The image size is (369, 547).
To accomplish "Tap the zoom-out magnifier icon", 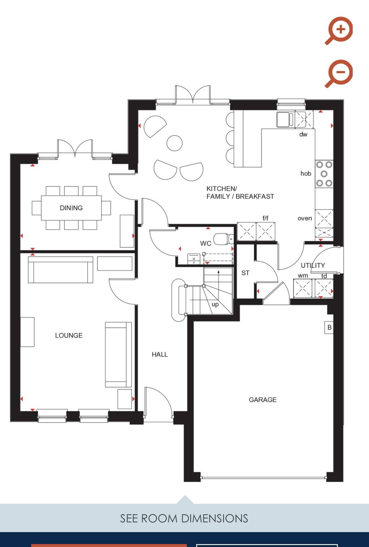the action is click(x=339, y=73).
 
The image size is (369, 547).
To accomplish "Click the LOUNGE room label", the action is click(x=69, y=335).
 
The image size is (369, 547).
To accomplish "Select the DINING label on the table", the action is click(x=71, y=208).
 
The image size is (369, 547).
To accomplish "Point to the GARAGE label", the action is click(x=263, y=400).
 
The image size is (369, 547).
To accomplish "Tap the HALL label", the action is click(x=160, y=355).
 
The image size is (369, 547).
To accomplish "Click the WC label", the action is click(x=206, y=243).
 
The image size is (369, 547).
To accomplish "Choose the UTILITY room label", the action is click(x=313, y=265).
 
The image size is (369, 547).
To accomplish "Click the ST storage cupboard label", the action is click(x=245, y=273).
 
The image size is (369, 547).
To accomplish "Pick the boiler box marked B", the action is click(x=329, y=327).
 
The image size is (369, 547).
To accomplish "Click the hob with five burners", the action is click(x=324, y=174).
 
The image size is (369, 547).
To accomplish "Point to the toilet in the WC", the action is click(x=223, y=239).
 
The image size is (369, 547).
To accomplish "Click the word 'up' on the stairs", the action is click(x=215, y=304).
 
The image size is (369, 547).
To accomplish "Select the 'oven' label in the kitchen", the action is click(x=305, y=219).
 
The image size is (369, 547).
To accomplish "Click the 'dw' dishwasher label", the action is click(x=303, y=134).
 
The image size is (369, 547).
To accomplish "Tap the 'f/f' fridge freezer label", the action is click(x=265, y=218).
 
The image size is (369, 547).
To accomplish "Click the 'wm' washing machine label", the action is click(x=303, y=276).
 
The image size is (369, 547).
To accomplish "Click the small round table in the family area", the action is click(x=174, y=143).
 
